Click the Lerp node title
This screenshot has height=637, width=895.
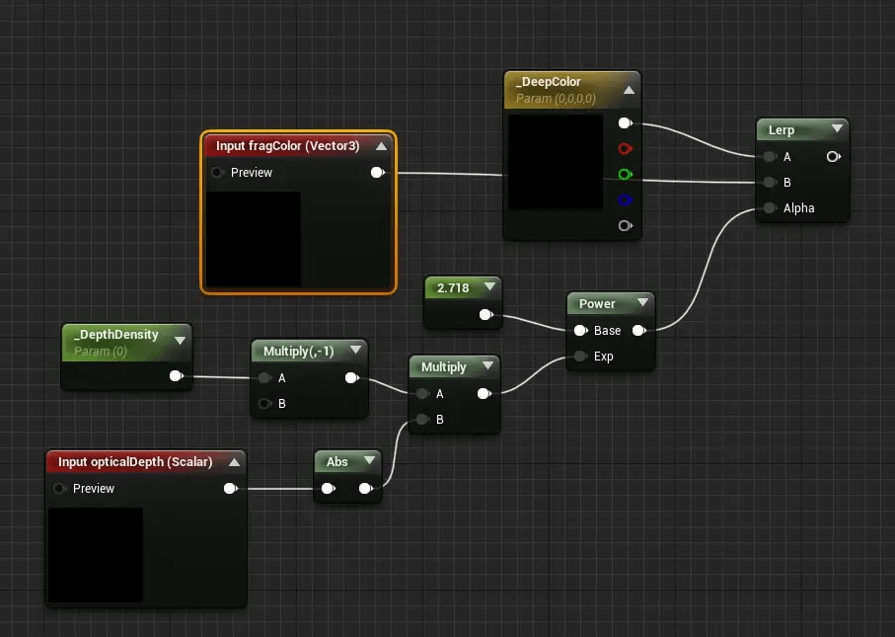782,130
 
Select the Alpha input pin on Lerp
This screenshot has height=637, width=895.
768,208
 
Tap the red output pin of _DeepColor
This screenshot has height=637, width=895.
624,149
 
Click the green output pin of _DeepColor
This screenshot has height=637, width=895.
624,175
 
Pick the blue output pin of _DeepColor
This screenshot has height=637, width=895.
624,200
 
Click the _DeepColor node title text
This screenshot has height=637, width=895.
549,82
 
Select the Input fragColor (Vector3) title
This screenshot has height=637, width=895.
288,146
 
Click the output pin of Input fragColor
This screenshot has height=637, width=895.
376,173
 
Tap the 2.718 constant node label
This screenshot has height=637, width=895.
453,288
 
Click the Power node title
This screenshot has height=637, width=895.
597,304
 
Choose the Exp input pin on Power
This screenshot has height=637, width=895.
580,357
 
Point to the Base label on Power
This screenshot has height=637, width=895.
607,331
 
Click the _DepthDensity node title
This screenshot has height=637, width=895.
116,335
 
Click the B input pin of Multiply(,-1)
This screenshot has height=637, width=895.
264,403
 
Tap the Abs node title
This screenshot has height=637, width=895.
337,461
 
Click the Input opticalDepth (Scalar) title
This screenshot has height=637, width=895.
135,461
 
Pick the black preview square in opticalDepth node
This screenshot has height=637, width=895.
96,555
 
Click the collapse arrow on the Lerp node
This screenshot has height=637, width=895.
837,129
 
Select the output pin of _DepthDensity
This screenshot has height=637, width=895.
176,376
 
